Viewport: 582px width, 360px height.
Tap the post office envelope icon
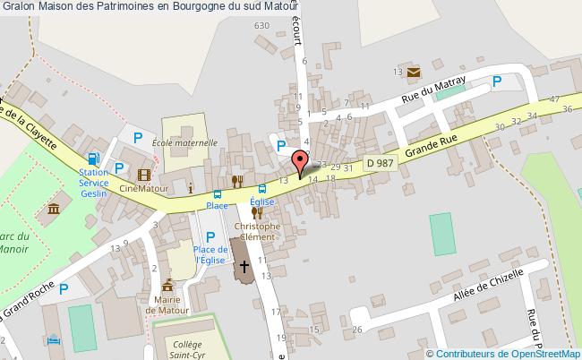point(414,71)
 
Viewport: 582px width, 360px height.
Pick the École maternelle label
point(184,142)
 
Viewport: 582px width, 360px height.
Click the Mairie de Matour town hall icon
point(167,284)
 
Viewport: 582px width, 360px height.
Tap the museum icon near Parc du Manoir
point(52,210)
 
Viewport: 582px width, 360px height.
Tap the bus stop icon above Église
point(261,189)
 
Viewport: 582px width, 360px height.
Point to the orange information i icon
point(191,187)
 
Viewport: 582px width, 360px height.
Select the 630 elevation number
point(261,26)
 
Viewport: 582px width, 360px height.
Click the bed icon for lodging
point(53,341)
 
